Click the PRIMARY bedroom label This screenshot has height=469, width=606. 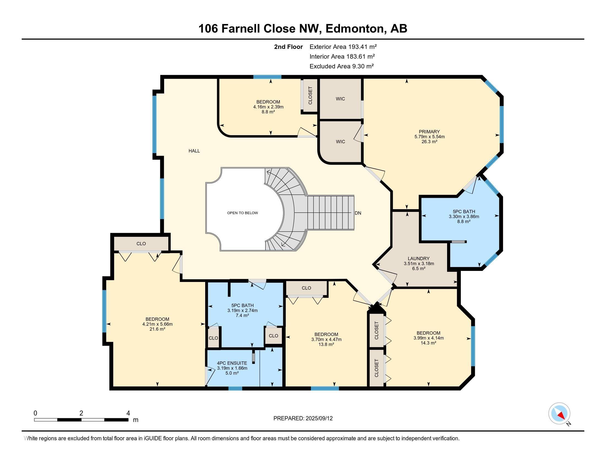point(429,132)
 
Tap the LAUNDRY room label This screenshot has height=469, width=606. point(418,259)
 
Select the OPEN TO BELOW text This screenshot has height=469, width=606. point(242,213)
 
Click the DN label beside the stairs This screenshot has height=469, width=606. point(358,213)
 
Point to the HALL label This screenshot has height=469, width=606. point(194,151)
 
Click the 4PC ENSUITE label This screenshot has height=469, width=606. point(232,363)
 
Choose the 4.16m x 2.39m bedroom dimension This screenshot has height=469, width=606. point(268,107)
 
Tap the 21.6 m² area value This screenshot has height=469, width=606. point(157,329)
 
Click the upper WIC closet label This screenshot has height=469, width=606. point(340,99)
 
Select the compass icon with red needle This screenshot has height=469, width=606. point(559,414)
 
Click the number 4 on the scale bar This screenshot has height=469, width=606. point(128,413)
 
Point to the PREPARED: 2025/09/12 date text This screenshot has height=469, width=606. point(303,419)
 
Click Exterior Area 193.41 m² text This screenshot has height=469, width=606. point(343,47)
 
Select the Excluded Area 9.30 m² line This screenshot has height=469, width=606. point(342,66)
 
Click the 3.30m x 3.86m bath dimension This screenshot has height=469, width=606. point(464,217)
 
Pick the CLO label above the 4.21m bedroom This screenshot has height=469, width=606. point(141,244)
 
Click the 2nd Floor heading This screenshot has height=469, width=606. point(288,47)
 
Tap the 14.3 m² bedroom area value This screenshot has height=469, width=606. point(428,343)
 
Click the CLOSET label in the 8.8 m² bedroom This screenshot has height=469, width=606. point(310,95)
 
